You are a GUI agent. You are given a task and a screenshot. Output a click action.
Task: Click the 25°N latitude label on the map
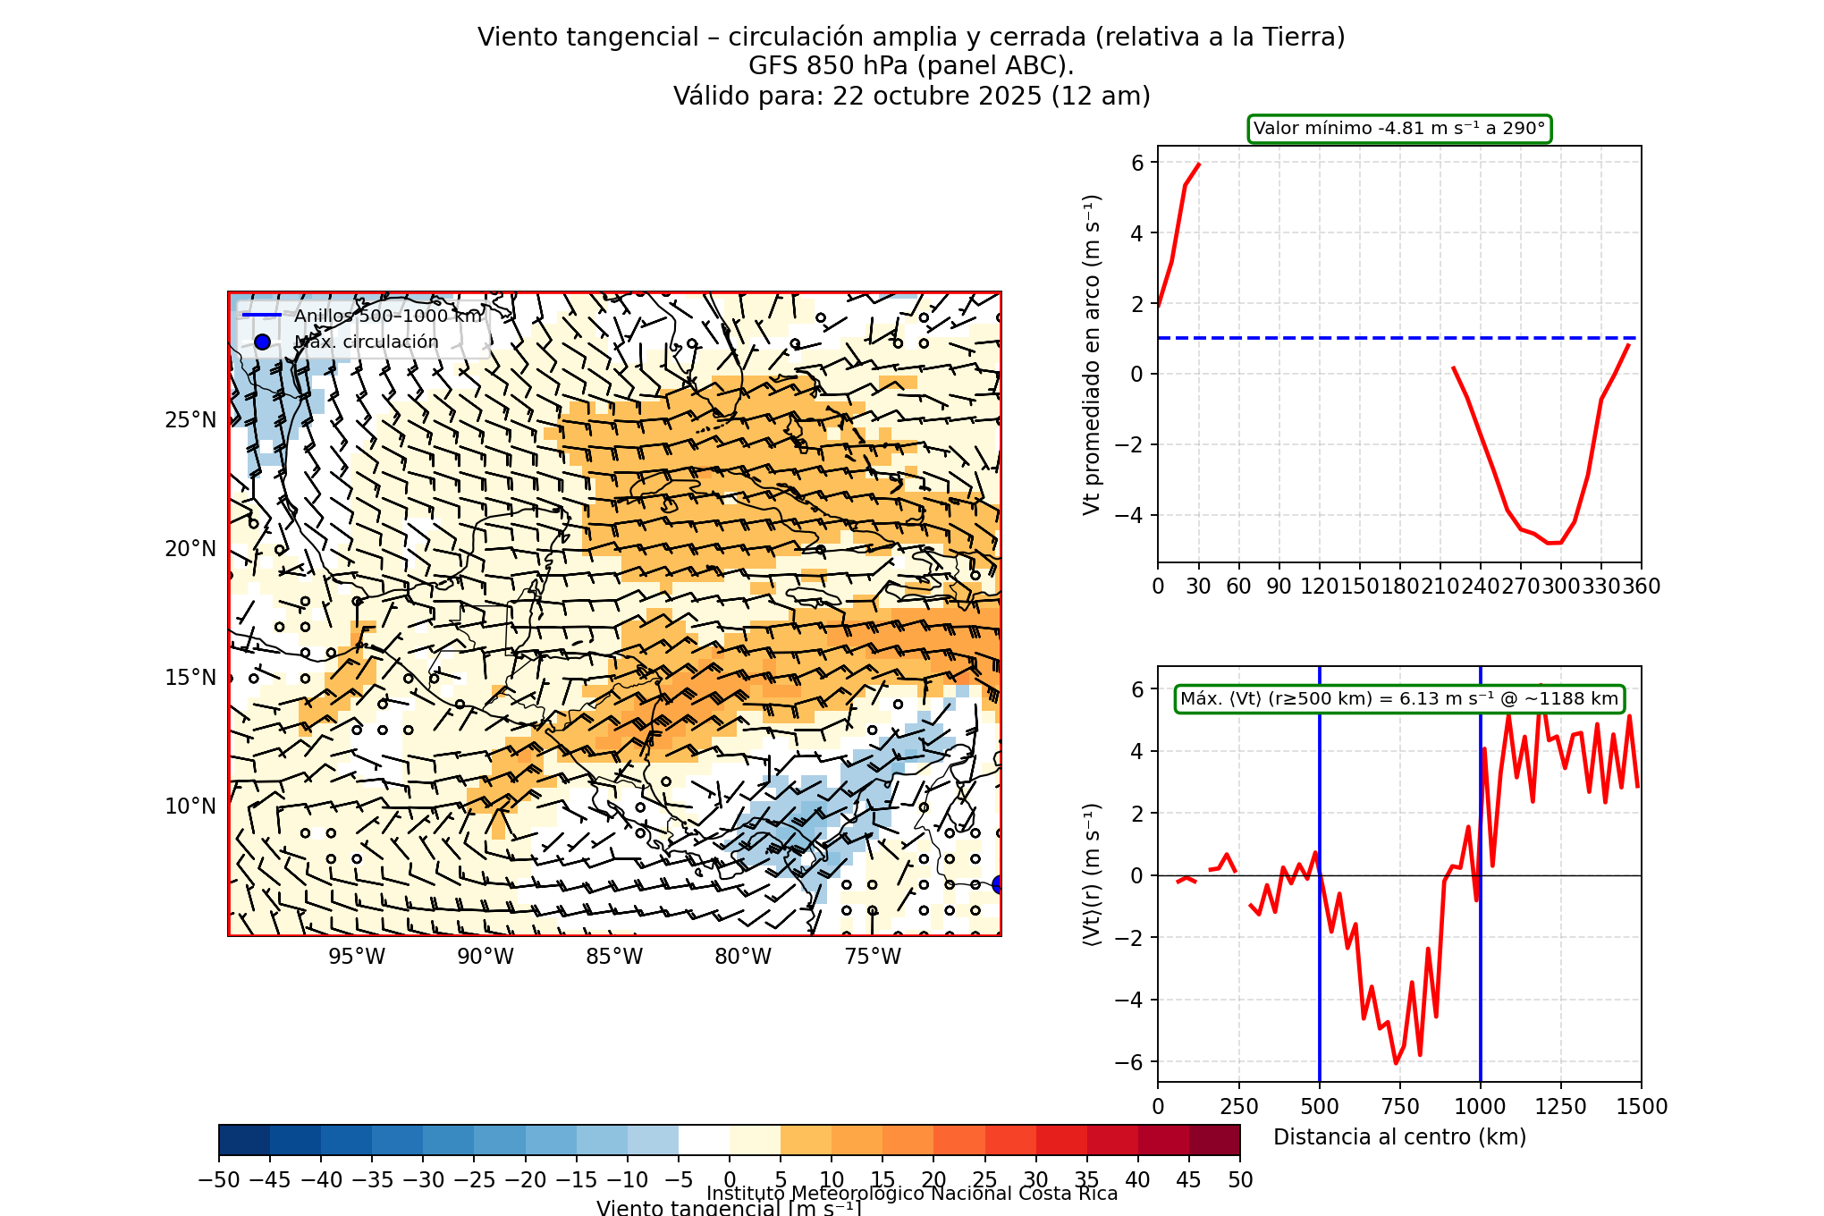point(190,420)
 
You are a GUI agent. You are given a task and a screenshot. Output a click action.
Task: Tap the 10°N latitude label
point(190,806)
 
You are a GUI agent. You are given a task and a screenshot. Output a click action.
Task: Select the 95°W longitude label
point(357,957)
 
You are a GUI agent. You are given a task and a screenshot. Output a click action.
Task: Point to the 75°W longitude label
point(873,957)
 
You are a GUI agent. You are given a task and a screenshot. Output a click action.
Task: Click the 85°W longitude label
point(614,957)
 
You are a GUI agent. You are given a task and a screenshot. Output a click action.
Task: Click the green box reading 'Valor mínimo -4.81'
point(1399,129)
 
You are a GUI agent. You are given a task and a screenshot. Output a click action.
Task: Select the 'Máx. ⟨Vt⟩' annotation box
point(1399,699)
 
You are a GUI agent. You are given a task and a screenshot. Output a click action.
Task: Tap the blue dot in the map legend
point(262,342)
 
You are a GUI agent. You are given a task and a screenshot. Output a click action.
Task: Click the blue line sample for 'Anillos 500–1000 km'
point(262,316)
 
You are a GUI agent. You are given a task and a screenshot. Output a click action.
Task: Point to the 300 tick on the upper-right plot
point(1561,587)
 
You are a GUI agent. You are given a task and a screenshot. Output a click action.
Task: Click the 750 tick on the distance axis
point(1400,1107)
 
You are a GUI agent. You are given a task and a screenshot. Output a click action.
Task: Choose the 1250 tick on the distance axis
point(1561,1107)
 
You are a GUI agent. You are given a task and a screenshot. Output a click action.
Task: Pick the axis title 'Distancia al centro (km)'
point(1399,1137)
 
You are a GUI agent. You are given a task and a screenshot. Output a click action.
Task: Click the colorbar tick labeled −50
point(219,1180)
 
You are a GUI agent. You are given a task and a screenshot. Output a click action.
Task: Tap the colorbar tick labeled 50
point(1240,1180)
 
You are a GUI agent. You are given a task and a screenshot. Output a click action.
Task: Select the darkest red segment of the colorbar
point(1214,1141)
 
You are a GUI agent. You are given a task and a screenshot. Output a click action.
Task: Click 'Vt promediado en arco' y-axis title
point(1092,354)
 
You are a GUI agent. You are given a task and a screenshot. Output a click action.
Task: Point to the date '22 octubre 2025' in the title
point(937,96)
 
